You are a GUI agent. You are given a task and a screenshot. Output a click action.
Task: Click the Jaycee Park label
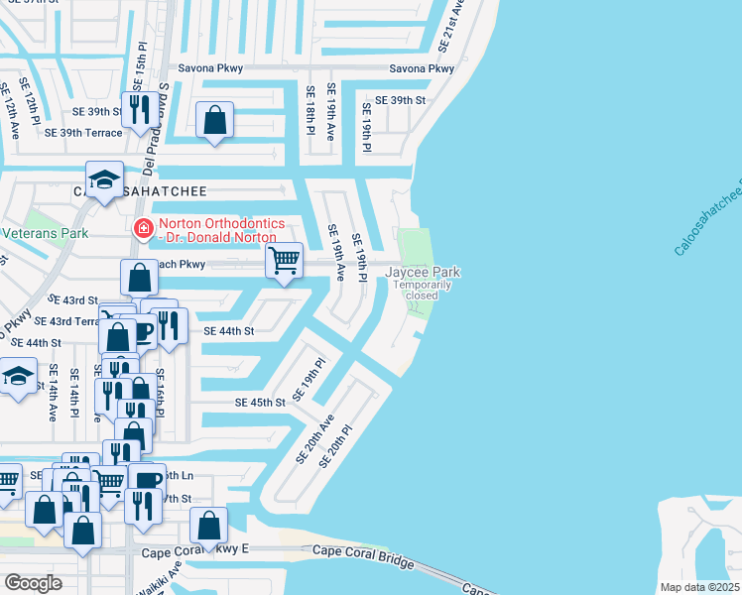[x=423, y=272]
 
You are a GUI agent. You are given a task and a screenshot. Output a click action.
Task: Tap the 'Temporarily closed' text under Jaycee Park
[x=423, y=290]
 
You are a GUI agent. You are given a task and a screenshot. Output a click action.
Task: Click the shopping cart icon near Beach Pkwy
[x=285, y=261]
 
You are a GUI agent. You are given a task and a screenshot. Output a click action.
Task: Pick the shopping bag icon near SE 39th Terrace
[x=214, y=121]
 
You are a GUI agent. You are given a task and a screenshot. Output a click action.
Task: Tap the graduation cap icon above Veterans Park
[x=104, y=180]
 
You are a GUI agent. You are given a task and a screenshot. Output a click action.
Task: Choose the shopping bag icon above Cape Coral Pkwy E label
[x=208, y=526]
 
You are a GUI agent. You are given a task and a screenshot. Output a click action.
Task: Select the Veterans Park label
[x=44, y=234]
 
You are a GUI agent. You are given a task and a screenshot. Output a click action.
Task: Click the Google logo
[x=33, y=582]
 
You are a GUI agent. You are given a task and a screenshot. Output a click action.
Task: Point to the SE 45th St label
[x=260, y=403]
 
